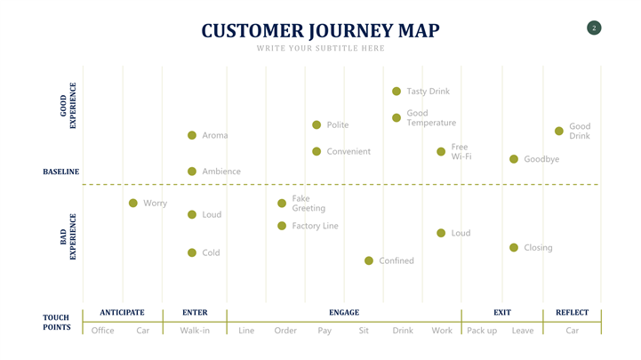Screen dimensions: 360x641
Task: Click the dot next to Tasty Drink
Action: (397, 92)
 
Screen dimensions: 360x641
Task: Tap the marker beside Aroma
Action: (192, 135)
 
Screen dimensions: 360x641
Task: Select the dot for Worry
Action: (133, 203)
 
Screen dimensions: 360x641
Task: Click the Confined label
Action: (397, 260)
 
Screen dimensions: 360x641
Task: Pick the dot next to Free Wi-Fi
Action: (441, 152)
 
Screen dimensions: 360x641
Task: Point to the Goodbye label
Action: (541, 159)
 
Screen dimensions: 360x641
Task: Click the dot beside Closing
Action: (514, 247)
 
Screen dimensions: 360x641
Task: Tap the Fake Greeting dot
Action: (282, 204)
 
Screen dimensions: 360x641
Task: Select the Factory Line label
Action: (315, 226)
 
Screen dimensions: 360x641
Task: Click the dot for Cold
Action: (192, 252)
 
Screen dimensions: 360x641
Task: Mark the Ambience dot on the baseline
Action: (192, 171)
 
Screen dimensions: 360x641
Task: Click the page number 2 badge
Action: (594, 28)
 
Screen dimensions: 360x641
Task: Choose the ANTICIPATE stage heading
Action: (122, 313)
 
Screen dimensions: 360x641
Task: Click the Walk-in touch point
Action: (195, 331)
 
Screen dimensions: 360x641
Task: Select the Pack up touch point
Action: (482, 331)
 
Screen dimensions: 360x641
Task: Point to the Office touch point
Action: (103, 331)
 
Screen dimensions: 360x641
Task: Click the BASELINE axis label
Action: (61, 172)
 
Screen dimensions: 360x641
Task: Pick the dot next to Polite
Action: (316, 125)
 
